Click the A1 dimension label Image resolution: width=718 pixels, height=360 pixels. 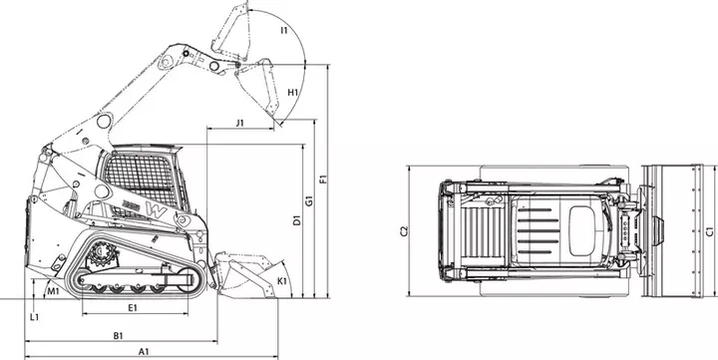click(144, 351)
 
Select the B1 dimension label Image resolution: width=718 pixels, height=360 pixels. click(118, 336)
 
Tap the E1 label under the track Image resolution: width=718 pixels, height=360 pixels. click(133, 308)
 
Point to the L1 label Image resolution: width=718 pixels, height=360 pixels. click(34, 317)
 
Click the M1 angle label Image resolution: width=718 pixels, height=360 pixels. click(54, 291)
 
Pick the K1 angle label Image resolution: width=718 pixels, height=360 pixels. click(282, 281)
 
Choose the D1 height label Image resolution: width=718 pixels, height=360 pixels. click(297, 219)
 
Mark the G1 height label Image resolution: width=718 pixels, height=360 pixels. click(309, 200)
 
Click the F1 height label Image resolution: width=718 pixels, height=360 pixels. click(323, 179)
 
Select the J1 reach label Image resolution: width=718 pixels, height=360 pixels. click(240, 123)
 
